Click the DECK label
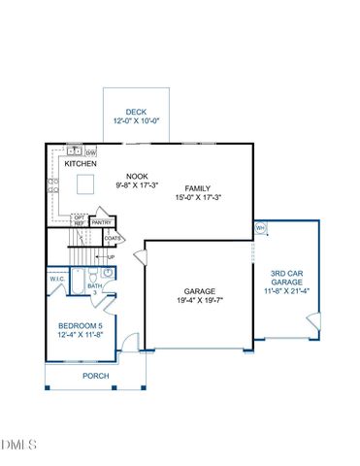tap(137, 112)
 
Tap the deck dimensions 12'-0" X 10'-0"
tap(137, 121)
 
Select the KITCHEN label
tap(82, 165)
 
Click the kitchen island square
tap(86, 183)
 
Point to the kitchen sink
tap(72, 152)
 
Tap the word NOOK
tap(136, 176)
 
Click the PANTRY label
tap(102, 222)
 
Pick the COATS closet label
tap(113, 238)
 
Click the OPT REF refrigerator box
tap(80, 220)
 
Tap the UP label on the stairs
tap(111, 257)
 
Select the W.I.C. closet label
tap(57, 279)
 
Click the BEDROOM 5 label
tap(77, 326)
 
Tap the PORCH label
tap(95, 376)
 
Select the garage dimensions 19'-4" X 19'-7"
tap(201, 301)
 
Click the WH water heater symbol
tap(260, 228)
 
